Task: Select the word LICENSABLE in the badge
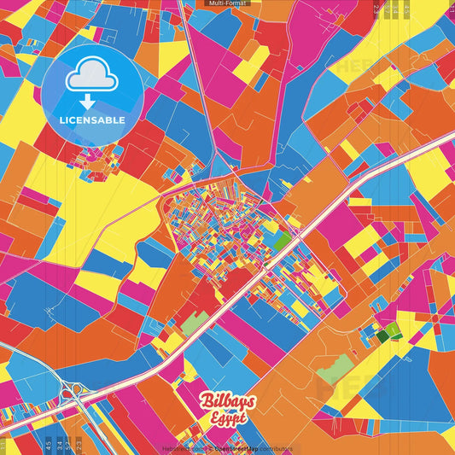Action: [x=92, y=120]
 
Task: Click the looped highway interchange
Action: [x=74, y=393]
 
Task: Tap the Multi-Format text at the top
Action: [x=227, y=3]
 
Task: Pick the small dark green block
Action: [x=382, y=335]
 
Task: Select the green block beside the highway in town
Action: [x=282, y=242]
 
